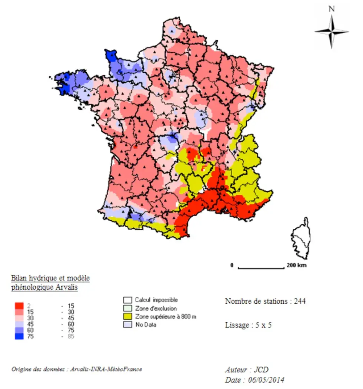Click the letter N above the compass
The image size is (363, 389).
coord(332,9)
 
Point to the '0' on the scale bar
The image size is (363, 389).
coord(232,265)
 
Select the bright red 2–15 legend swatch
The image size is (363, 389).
coord(20,306)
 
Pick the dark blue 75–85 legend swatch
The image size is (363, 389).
coord(20,336)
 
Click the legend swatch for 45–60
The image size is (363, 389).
coord(20,324)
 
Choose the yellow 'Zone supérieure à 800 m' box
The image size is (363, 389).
coord(128,317)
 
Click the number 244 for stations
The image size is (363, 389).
coord(300,301)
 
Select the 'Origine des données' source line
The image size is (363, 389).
coord(76,369)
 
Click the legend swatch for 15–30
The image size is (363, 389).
coord(20,312)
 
